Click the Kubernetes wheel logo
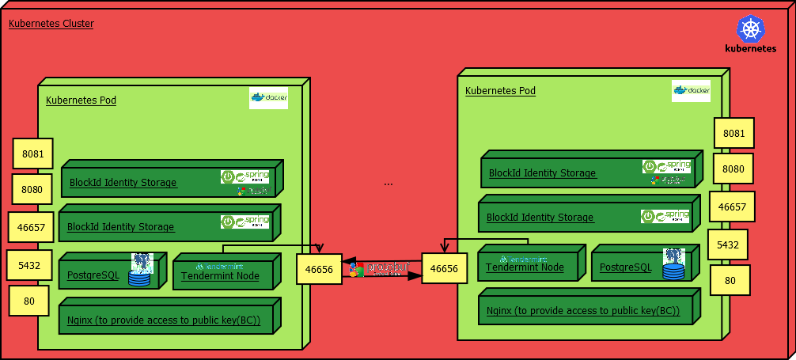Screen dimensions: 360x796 pos(750,29)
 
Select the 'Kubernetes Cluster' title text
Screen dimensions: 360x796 pos(51,24)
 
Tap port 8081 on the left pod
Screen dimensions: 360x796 pos(32,153)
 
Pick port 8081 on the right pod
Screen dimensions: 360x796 pos(733,134)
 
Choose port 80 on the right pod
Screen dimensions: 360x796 pos(730,281)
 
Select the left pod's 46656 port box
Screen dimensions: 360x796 pos(319,270)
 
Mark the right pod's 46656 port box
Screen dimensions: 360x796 pos(443,269)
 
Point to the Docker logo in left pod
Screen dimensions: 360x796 pos(268,98)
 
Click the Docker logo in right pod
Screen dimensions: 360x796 pos(691,90)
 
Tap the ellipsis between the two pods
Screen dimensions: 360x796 pos(388,184)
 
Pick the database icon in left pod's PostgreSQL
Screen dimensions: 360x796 pos(141,270)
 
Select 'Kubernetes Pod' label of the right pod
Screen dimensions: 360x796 pos(500,91)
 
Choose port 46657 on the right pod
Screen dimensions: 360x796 pos(732,207)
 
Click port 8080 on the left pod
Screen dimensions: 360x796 pos(32,190)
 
